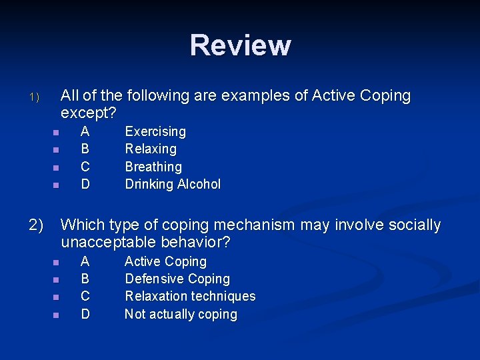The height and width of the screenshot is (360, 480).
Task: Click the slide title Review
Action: point(240,45)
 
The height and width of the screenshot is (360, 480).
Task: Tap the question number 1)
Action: point(35,97)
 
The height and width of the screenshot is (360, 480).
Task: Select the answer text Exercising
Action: point(155,131)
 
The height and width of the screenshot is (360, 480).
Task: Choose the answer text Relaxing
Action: point(151,149)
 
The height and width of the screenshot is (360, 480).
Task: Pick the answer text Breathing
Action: point(153,167)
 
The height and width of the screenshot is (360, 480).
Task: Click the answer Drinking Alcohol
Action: point(173,184)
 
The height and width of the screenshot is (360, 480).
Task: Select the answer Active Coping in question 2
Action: point(165,261)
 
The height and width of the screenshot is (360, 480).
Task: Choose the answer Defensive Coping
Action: point(177,279)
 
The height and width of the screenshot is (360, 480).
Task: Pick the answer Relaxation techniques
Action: point(190,296)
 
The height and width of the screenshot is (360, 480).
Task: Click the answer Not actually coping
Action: point(181,314)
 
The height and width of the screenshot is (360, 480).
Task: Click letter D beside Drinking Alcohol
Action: point(85,184)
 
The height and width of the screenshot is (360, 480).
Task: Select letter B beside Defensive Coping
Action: point(85,279)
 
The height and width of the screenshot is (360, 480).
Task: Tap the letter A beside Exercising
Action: point(85,131)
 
